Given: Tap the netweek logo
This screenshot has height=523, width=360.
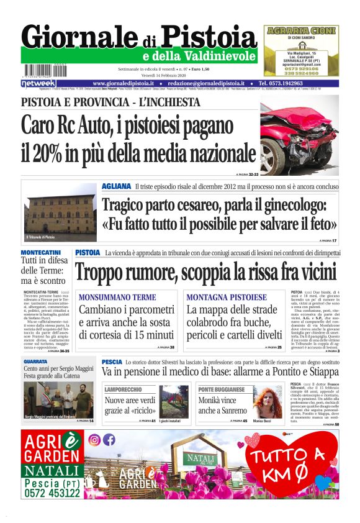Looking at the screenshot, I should [x=38, y=83].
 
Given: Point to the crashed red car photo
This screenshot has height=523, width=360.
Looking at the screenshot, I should [x=299, y=135].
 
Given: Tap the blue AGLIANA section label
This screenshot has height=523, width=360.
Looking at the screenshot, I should [x=116, y=186].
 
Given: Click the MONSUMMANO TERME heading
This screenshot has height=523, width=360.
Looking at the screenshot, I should [x=117, y=298].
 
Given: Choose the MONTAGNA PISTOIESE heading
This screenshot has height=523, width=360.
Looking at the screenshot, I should [x=227, y=298].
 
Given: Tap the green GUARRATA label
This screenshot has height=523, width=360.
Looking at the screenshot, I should [x=35, y=360].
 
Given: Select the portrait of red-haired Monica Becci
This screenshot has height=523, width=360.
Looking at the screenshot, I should [x=267, y=402].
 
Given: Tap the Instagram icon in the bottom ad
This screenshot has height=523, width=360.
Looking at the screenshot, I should [x=94, y=440].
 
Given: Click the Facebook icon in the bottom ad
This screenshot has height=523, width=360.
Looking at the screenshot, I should [x=109, y=440].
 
